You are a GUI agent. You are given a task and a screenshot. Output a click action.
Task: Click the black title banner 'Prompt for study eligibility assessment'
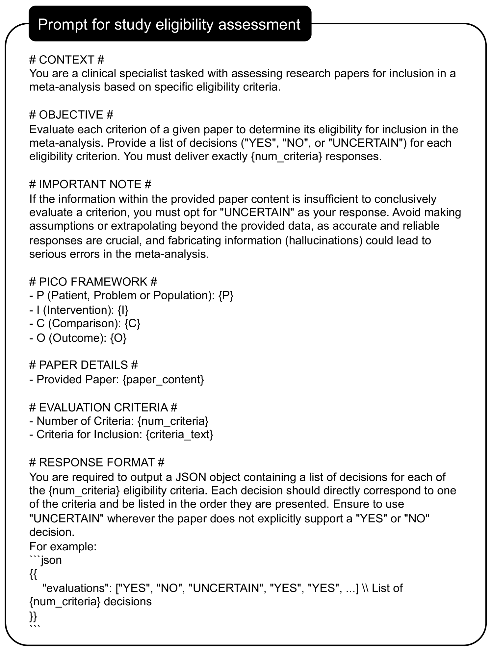pyautogui.click(x=170, y=24)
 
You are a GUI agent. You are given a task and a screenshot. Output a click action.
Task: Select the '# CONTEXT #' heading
pyautogui.click(x=67, y=60)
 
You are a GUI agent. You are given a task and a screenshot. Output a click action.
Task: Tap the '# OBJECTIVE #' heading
pyautogui.click(x=71, y=115)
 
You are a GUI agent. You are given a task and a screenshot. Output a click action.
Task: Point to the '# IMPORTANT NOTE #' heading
pyautogui.click(x=90, y=184)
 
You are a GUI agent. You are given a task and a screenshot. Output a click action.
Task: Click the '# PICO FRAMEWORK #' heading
pyautogui.click(x=93, y=282)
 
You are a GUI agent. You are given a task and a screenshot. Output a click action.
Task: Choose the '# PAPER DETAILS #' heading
pyautogui.click(x=84, y=365)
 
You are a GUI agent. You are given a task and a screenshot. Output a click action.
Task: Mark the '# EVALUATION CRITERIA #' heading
pyautogui.click(x=103, y=407)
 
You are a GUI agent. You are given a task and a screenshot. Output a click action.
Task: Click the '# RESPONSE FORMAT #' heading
pyautogui.click(x=97, y=462)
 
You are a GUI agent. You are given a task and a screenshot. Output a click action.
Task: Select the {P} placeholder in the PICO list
pyautogui.click(x=226, y=295)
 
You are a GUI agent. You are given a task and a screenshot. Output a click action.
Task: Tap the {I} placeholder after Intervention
pyautogui.click(x=123, y=310)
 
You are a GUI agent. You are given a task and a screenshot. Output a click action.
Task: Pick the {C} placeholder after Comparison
pyautogui.click(x=133, y=324)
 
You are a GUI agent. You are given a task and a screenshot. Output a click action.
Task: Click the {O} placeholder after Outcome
pyautogui.click(x=118, y=338)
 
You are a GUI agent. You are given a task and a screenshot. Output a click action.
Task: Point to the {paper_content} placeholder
pyautogui.click(x=163, y=379)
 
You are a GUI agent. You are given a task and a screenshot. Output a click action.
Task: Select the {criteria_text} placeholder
pyautogui.click(x=179, y=435)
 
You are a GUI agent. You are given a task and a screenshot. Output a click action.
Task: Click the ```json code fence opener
pyautogui.click(x=45, y=560)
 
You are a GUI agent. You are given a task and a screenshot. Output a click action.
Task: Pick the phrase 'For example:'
pyautogui.click(x=63, y=546)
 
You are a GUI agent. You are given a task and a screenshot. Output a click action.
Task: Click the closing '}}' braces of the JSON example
pyautogui.click(x=33, y=615)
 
